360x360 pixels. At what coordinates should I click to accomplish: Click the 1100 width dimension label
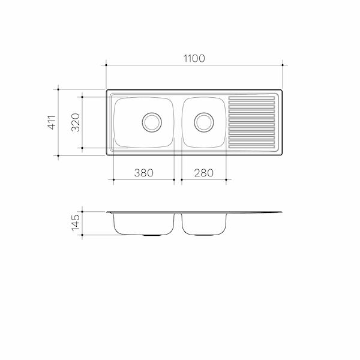point(194,58)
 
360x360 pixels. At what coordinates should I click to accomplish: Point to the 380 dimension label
point(143,172)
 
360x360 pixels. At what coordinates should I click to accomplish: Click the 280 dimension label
point(203,172)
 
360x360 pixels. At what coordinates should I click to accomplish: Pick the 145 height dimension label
point(75,224)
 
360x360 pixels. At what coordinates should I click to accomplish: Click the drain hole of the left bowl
point(151,122)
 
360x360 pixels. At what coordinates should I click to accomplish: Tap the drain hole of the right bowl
point(203,122)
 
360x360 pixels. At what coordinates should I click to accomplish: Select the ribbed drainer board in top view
point(252,122)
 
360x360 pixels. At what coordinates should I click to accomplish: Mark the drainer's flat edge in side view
point(255,213)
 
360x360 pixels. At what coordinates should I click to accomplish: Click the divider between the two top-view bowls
point(178,122)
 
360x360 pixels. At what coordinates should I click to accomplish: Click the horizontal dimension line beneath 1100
point(194,65)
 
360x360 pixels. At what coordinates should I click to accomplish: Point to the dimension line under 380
point(143,179)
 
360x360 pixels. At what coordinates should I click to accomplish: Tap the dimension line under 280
point(203,179)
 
